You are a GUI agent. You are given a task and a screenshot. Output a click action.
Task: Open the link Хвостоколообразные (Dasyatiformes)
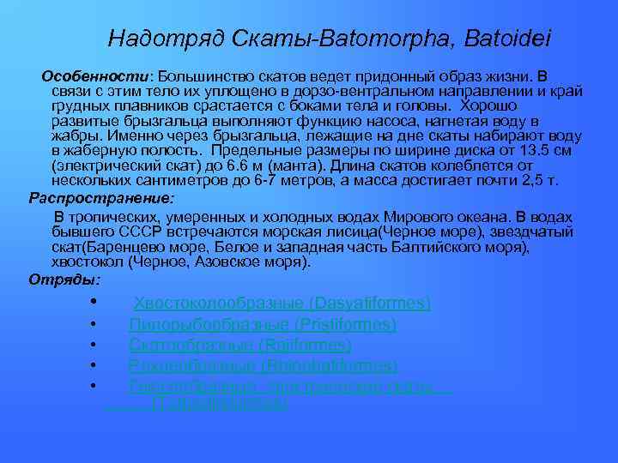282,304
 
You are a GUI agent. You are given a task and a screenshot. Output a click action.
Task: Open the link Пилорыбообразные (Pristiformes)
263,325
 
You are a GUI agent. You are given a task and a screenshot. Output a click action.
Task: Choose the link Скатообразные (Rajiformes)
240,346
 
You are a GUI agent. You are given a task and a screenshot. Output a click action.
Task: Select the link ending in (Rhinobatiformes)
263,366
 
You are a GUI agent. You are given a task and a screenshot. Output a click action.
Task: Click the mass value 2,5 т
540,180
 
